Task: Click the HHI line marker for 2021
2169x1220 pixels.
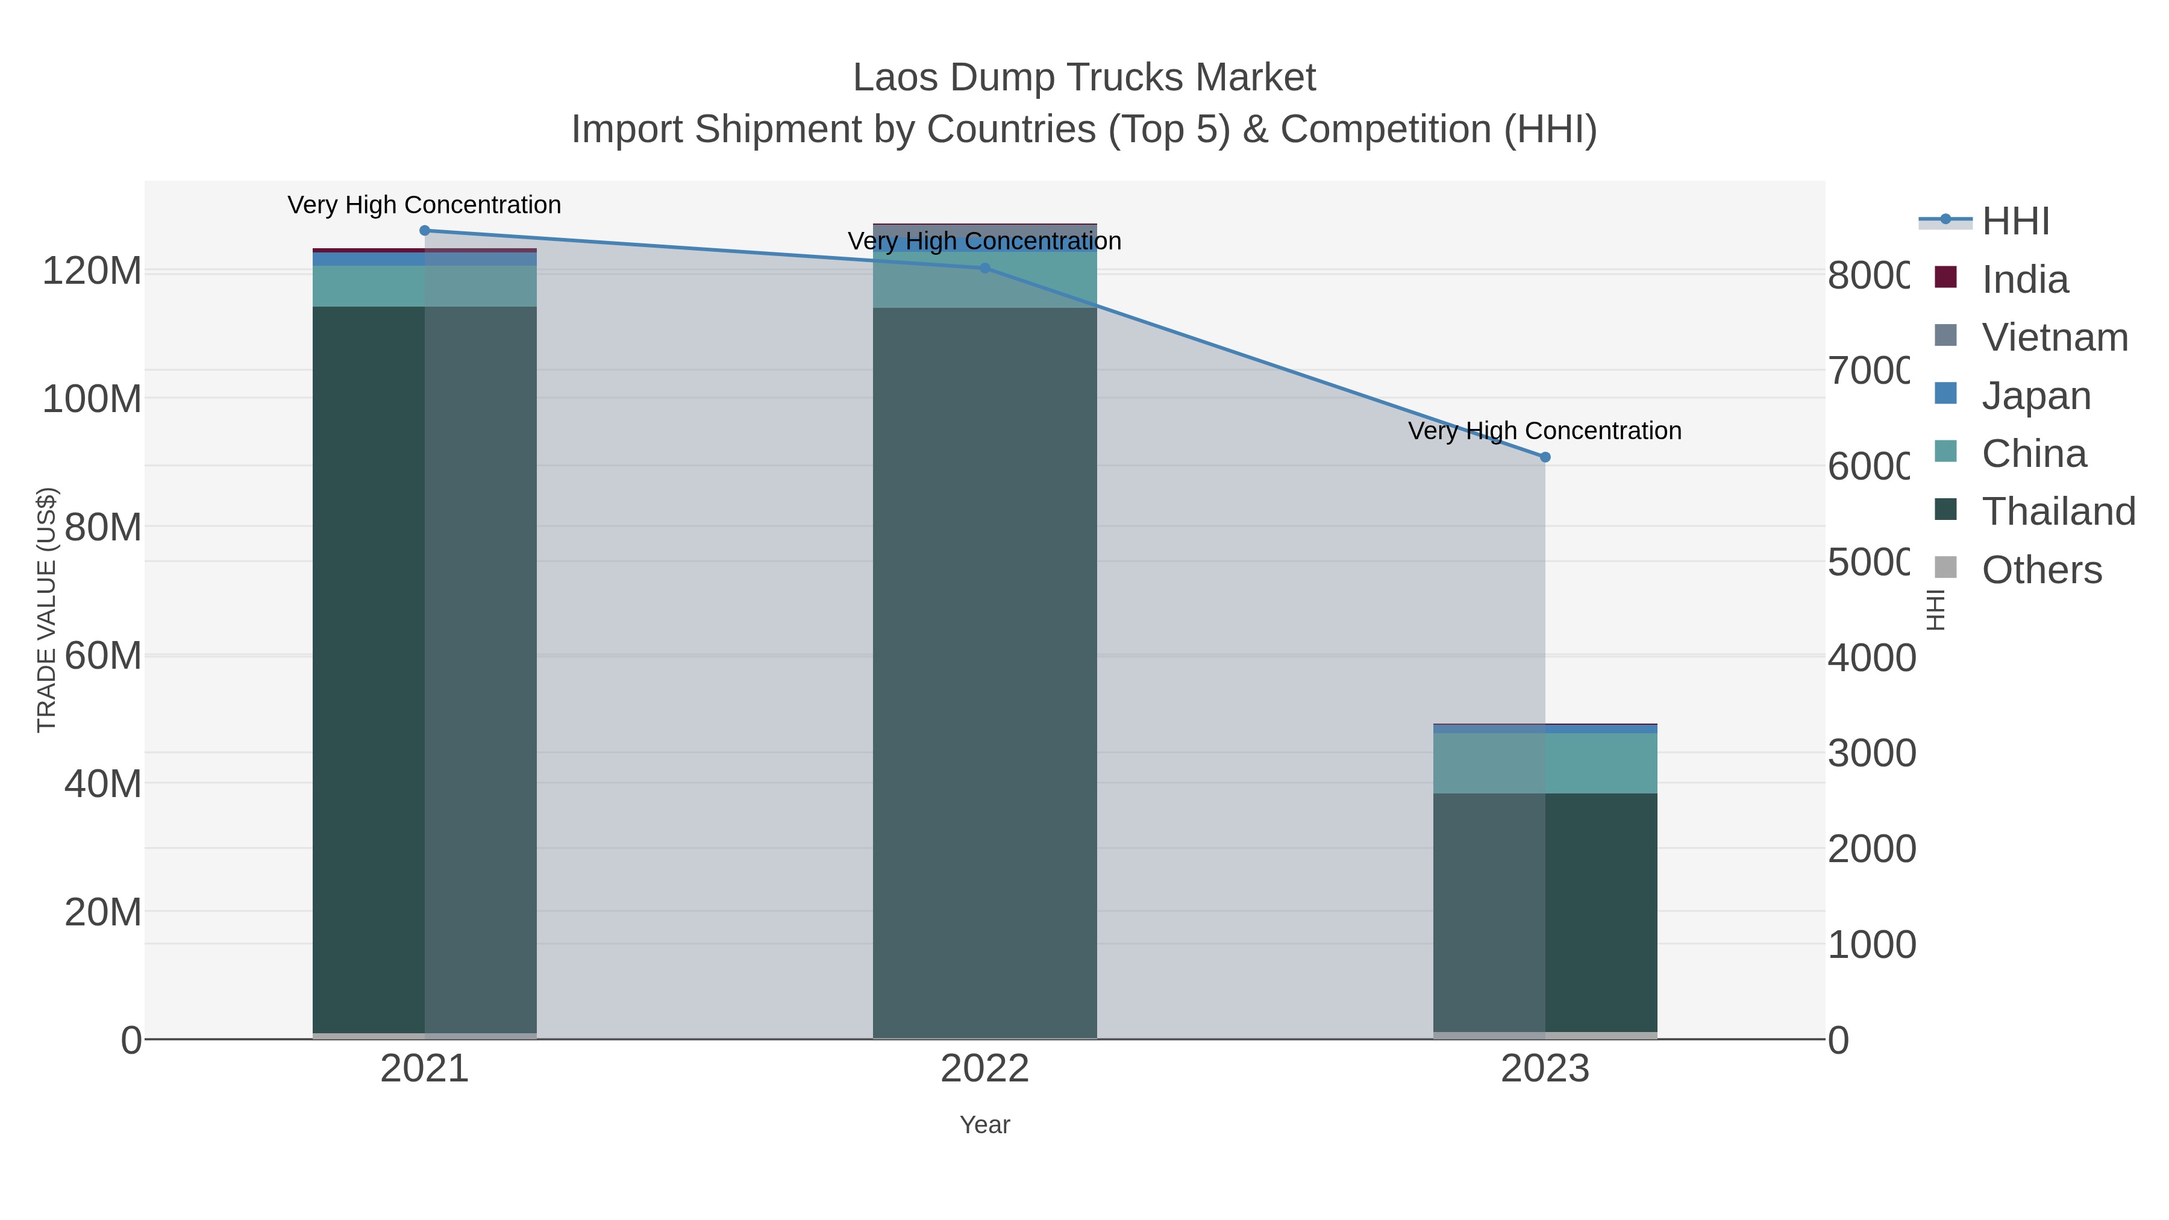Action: (424, 231)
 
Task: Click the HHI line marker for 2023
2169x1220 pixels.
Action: (1544, 457)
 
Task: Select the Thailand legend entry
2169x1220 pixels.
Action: (2058, 512)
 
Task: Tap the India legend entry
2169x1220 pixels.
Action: (2024, 280)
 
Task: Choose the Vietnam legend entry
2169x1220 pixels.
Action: (2055, 337)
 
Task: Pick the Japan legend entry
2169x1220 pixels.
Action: (2036, 396)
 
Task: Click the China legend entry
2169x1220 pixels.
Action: (2033, 454)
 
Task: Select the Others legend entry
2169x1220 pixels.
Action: (2041, 570)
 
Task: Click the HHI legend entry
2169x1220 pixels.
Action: (2015, 222)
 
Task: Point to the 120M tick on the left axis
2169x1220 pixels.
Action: (92, 272)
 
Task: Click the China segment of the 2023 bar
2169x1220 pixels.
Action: (1544, 763)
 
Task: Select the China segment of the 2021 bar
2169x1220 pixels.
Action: (424, 286)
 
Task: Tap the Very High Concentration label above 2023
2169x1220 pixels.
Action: (1544, 431)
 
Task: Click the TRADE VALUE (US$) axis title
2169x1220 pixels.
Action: (47, 610)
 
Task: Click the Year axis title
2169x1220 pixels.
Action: (984, 1125)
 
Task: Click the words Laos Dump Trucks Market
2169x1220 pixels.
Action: (1084, 78)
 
